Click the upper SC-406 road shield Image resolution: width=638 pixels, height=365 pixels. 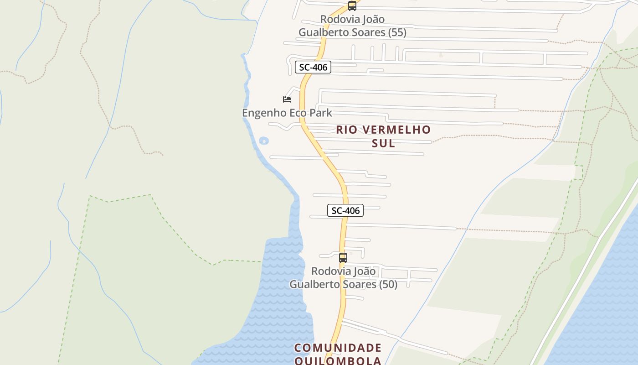click(313, 67)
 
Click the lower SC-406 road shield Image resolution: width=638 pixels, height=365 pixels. click(345, 210)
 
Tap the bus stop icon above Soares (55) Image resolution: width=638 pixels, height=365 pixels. click(352, 6)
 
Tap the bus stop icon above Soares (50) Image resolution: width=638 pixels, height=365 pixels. click(343, 258)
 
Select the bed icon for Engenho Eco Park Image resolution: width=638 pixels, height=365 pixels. click(287, 99)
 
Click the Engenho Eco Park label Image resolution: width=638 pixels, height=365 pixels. click(287, 113)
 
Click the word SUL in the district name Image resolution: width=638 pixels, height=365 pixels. click(383, 143)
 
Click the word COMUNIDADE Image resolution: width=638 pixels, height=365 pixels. click(338, 348)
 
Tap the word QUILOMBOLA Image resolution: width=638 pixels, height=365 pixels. click(338, 361)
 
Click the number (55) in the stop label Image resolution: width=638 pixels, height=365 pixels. click(397, 32)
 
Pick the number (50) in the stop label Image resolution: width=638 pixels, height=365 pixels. click(388, 284)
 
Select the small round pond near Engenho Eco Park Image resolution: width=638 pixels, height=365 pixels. click(263, 141)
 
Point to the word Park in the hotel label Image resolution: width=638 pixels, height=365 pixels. click(319, 113)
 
